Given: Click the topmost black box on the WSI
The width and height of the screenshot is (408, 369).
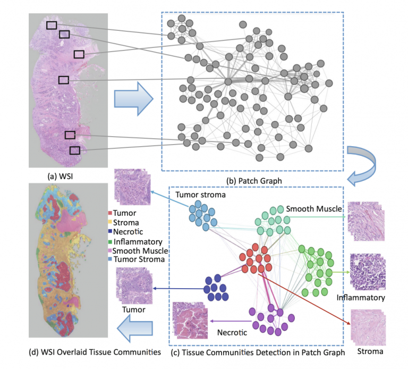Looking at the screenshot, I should tap(52, 25).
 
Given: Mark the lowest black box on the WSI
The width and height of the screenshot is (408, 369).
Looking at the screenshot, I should tap(75, 150).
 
